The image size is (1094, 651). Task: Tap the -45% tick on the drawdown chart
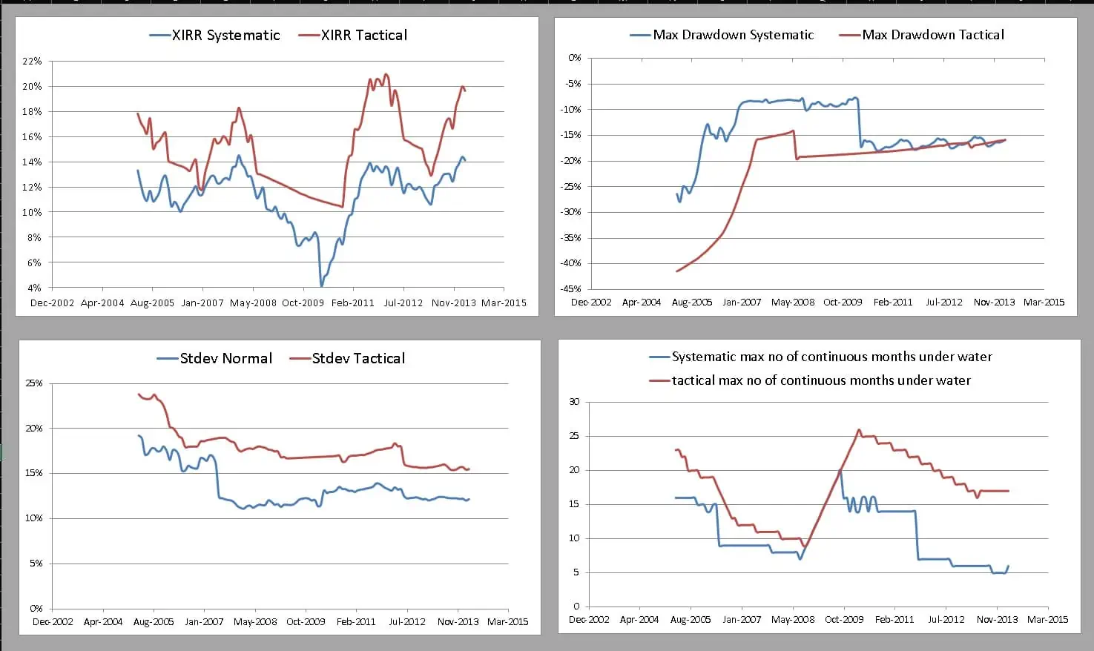tap(572, 289)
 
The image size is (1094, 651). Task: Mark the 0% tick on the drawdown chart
tap(575, 58)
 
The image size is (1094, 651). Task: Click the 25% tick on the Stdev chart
tap(34, 383)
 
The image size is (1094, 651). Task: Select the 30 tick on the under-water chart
tap(574, 402)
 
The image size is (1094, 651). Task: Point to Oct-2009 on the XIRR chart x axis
tap(303, 303)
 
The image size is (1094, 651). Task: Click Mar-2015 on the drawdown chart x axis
tap(1044, 302)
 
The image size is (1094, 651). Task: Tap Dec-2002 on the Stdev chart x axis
tap(52, 621)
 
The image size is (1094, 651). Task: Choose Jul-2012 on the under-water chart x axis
tap(946, 619)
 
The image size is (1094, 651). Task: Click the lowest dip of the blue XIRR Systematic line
tap(321, 285)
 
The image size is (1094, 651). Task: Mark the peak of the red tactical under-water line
tap(859, 429)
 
